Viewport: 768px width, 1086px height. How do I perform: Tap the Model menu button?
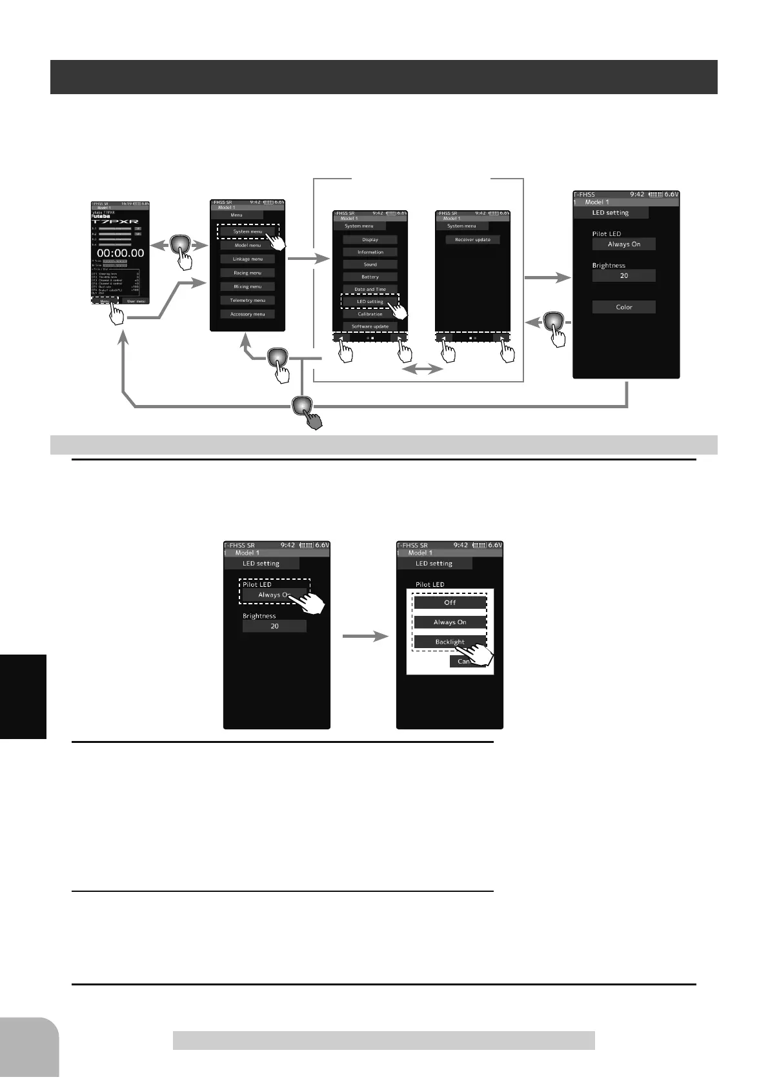[247, 245]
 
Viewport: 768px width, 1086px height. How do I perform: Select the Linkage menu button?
[247, 259]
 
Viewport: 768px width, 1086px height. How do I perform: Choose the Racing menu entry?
[247, 273]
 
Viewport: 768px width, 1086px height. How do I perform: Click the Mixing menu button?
[247, 286]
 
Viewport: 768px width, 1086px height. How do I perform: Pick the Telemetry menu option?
[247, 300]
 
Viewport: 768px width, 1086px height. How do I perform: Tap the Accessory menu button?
[247, 314]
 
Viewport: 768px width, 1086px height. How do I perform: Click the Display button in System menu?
[370, 239]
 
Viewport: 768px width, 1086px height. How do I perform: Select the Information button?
[370, 252]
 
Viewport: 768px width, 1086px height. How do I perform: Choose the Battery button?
[370, 277]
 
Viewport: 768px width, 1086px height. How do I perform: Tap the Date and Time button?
[370, 289]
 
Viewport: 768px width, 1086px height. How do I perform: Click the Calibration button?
[370, 314]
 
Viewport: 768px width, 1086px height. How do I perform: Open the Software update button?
[370, 326]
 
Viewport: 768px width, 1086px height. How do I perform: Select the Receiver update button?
[472, 239]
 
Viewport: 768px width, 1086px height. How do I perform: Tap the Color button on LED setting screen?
[623, 307]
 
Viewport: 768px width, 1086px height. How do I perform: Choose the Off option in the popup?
[450, 602]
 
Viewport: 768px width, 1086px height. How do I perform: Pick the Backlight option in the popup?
[449, 642]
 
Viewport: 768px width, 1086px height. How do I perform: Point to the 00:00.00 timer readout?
[120, 253]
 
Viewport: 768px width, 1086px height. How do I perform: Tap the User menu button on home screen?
[136, 301]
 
